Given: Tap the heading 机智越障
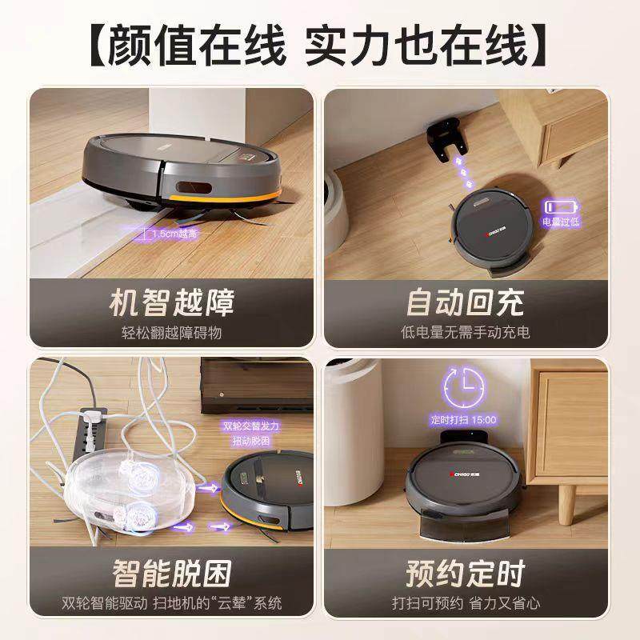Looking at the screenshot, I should pos(172,303).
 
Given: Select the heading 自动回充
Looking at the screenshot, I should pos(465,303).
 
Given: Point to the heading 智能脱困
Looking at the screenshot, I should pos(172,574).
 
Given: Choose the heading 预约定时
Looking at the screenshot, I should pos(465,574).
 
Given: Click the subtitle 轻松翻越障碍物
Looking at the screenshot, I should pos(172,331).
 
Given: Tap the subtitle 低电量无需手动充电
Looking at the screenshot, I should pos(465,331).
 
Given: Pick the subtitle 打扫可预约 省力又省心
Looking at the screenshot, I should pos(465,602).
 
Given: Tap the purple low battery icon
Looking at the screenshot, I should pos(561,206).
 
